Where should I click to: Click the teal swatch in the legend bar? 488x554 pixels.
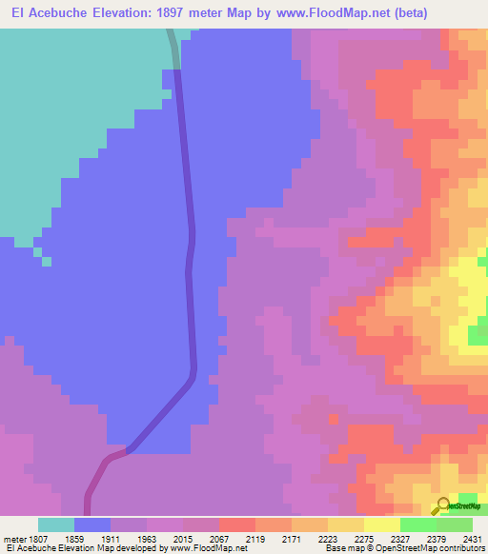click(x=56, y=524)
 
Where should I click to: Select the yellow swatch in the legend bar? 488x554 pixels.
click(x=382, y=524)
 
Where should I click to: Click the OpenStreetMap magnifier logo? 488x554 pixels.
click(x=444, y=506)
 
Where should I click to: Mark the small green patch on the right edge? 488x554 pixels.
click(x=478, y=334)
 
